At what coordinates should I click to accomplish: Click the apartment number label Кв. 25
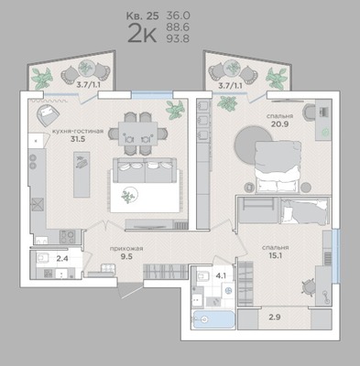click(x=143, y=16)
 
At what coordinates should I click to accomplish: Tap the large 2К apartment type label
click(x=142, y=34)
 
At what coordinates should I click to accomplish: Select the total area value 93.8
click(x=178, y=38)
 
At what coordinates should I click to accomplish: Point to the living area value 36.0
click(x=178, y=16)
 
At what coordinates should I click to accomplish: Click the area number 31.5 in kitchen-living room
click(x=78, y=139)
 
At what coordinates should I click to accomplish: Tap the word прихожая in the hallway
click(x=126, y=249)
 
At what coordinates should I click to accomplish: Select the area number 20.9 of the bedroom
click(x=280, y=124)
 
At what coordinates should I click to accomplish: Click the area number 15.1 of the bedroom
click(x=275, y=255)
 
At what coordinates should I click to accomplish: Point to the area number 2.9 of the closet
click(x=275, y=318)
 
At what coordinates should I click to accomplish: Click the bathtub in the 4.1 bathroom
click(x=213, y=319)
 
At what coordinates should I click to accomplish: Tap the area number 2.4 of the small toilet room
click(x=62, y=259)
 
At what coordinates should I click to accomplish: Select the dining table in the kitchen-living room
click(x=138, y=134)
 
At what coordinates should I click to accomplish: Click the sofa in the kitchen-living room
click(x=145, y=170)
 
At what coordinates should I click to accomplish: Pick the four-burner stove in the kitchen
click(x=68, y=236)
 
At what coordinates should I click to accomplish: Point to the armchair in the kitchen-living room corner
click(x=48, y=113)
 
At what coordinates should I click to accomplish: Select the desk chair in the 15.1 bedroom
click(x=308, y=287)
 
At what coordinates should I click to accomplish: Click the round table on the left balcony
click(x=86, y=69)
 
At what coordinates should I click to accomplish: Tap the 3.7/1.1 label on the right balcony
click(x=230, y=86)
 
